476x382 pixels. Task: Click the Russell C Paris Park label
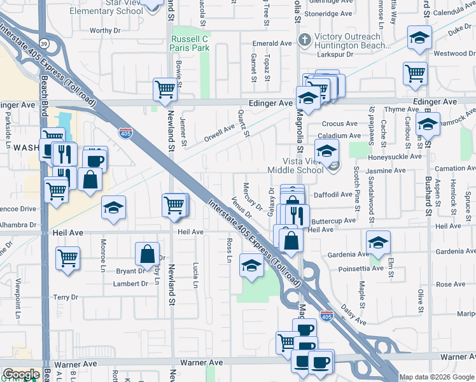tap(190, 43)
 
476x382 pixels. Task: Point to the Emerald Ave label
tap(272, 43)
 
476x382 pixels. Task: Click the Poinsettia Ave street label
tap(361, 269)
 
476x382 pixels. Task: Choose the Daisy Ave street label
tap(353, 315)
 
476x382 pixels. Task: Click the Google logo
tap(21, 374)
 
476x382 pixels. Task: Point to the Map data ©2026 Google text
tap(437, 377)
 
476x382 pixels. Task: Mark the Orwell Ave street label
tap(219, 132)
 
